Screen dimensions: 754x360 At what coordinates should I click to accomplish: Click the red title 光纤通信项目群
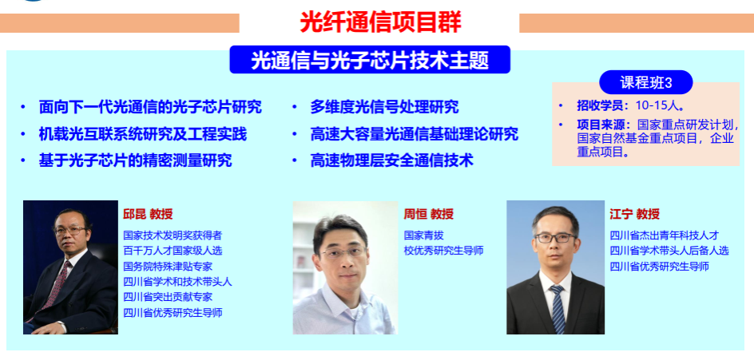(x=380, y=22)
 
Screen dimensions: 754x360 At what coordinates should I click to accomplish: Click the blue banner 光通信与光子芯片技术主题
(x=370, y=60)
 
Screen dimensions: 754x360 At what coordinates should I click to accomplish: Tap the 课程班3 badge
(x=646, y=82)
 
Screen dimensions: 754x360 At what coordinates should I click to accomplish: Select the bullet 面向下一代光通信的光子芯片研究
(x=150, y=107)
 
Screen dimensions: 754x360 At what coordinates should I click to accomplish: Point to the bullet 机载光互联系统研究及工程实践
(x=143, y=133)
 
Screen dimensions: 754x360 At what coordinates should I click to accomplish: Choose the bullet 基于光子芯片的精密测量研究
(x=135, y=160)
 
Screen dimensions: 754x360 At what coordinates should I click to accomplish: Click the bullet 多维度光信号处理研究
(x=384, y=107)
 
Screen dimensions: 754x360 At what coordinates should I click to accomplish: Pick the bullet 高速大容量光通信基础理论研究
(x=414, y=133)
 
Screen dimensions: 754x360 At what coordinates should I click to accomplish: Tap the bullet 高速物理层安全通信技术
(x=392, y=160)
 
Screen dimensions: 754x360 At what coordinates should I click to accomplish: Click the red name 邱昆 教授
(x=148, y=214)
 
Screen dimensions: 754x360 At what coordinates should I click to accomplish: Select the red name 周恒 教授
(x=428, y=214)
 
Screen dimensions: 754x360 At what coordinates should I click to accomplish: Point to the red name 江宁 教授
(x=634, y=214)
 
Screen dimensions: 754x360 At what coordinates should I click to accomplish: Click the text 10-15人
(x=660, y=105)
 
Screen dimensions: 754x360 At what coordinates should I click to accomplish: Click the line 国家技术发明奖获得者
(x=173, y=235)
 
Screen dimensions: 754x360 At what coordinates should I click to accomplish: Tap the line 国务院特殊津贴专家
(x=168, y=267)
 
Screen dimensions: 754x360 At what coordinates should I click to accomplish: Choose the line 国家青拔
(x=423, y=235)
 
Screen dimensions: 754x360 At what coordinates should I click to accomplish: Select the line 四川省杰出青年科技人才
(x=664, y=235)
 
